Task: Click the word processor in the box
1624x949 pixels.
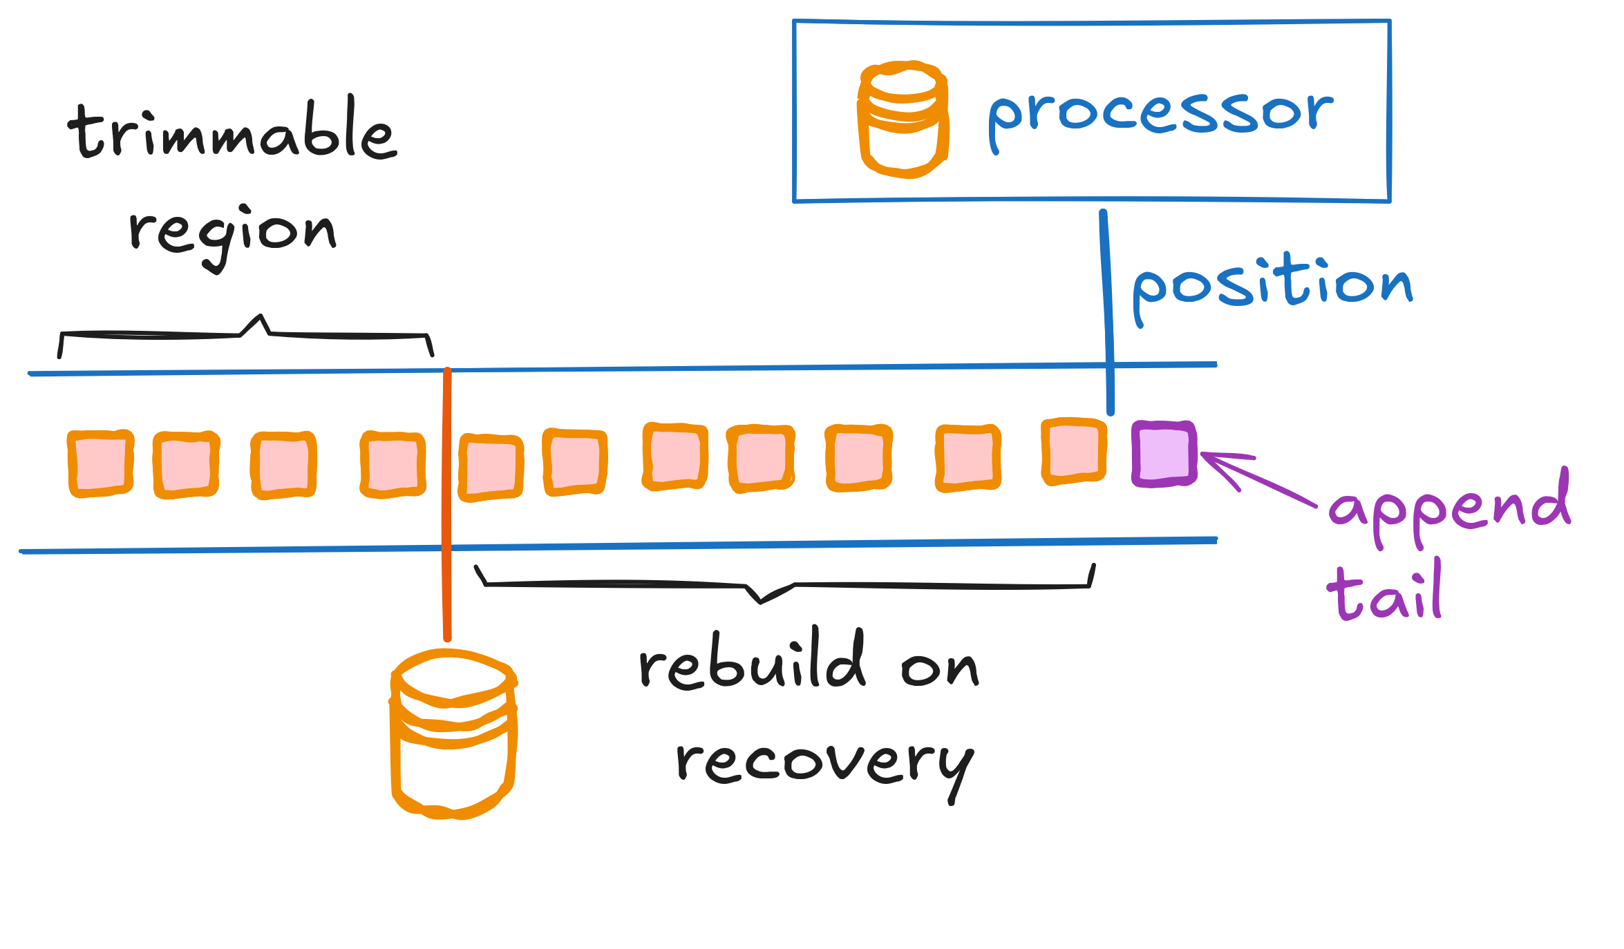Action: point(1160,115)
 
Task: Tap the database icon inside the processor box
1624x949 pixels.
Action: point(903,119)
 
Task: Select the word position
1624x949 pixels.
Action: point(1272,285)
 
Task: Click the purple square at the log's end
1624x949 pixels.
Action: point(1164,454)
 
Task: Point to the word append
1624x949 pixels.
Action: point(1449,508)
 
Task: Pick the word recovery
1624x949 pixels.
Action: point(824,763)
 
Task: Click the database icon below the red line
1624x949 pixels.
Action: point(453,734)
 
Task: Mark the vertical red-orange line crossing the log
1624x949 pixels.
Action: point(447,504)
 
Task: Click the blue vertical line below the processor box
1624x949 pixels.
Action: point(1107,311)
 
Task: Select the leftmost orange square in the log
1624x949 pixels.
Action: point(101,463)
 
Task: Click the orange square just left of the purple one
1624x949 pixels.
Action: point(1074,451)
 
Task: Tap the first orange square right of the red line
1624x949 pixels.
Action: point(491,468)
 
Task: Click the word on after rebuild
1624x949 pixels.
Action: point(940,669)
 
